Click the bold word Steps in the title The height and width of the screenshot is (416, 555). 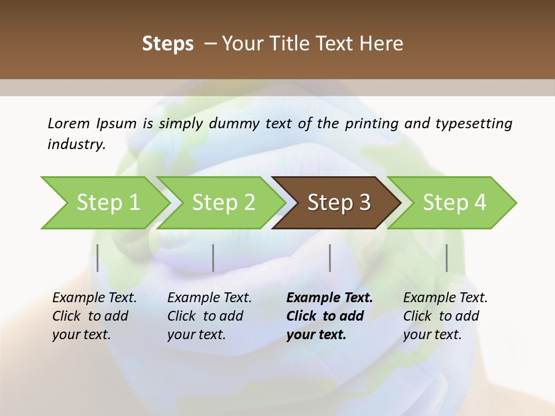click(x=168, y=44)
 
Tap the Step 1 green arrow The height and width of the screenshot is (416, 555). click(x=108, y=202)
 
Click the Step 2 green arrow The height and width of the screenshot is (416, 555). click(x=223, y=202)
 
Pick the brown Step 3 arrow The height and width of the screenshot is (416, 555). click(x=339, y=202)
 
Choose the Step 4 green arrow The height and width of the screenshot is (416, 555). click(x=454, y=202)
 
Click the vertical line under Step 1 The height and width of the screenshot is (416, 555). click(x=98, y=258)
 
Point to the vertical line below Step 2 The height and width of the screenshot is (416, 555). click(x=213, y=258)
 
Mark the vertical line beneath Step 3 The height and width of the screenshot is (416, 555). click(x=330, y=258)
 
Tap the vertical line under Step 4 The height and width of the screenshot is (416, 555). click(x=447, y=258)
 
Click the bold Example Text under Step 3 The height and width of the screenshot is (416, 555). click(x=330, y=298)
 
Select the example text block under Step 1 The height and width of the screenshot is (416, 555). click(x=94, y=316)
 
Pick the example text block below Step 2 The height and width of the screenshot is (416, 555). click(x=209, y=316)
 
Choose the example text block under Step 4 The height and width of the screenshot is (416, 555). click(x=445, y=316)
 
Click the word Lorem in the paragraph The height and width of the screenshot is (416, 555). click(x=69, y=124)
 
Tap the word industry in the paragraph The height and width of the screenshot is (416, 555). click(x=76, y=144)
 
